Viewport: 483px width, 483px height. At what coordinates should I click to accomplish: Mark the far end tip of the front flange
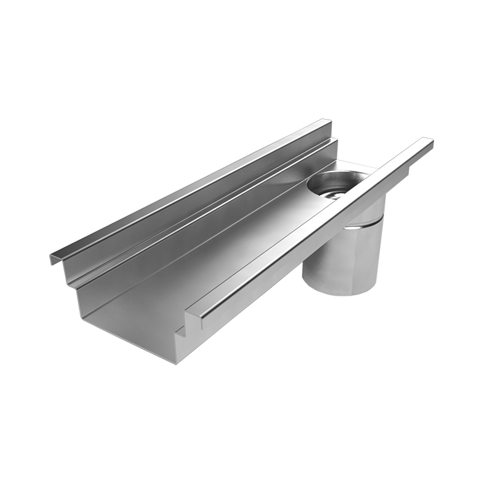(x=429, y=142)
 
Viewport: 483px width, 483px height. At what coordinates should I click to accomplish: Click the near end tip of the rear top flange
(x=53, y=259)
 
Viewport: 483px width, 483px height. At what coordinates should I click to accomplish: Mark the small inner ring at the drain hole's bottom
(x=331, y=191)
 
